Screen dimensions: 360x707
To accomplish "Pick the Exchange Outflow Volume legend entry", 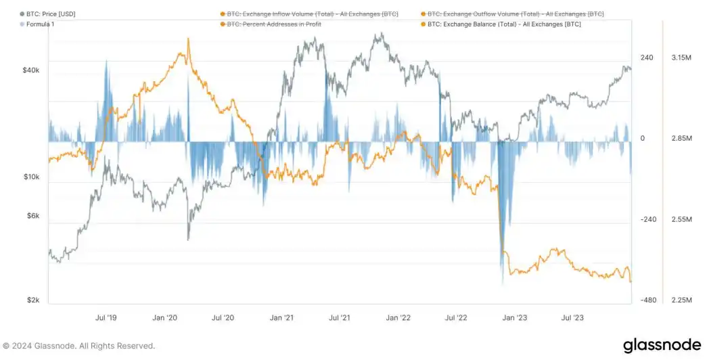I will click(x=515, y=14).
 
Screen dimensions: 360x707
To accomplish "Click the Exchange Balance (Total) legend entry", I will click(x=504, y=24).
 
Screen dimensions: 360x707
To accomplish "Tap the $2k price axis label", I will click(x=33, y=300).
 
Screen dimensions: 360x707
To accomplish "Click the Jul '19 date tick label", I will click(x=106, y=317).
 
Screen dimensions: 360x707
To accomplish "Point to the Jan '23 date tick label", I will click(x=516, y=317).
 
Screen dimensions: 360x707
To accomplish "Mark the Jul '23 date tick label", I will click(x=574, y=317).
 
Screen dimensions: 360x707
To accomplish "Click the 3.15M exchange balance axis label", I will click(x=679, y=58).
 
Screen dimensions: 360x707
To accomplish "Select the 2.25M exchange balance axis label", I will click(x=679, y=300).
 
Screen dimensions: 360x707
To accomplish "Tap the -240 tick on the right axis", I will click(x=648, y=219).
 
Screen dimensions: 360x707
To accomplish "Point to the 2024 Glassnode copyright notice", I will click(x=79, y=346).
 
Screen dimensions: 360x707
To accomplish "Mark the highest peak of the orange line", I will click(x=188, y=39).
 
